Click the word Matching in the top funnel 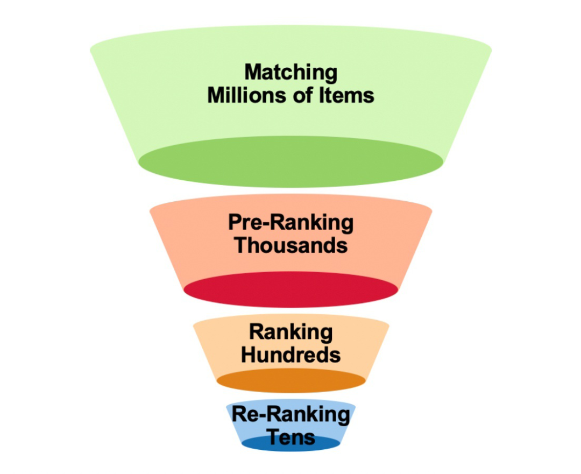click(x=290, y=73)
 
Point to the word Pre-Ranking click(x=290, y=222)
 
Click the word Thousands click(x=290, y=245)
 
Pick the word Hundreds click(x=290, y=355)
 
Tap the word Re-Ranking click(x=290, y=415)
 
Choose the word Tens click(x=290, y=436)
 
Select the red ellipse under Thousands click(x=290, y=291)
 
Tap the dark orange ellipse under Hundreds click(x=290, y=381)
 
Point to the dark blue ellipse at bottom click(x=290, y=444)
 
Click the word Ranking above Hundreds click(x=290, y=332)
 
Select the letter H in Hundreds click(x=248, y=355)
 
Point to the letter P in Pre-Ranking click(x=234, y=222)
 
